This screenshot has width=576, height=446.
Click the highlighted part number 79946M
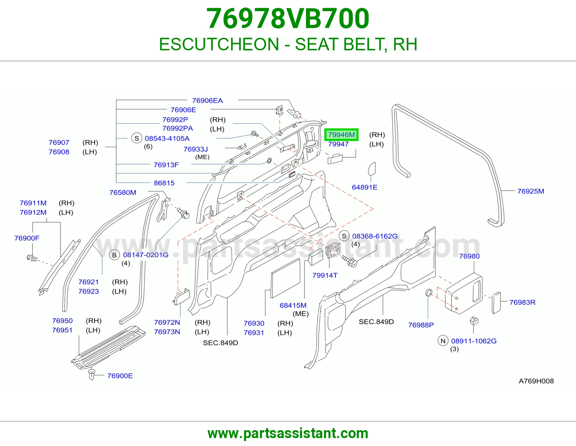(341, 135)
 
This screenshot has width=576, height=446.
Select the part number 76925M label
(531, 191)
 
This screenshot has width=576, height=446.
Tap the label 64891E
(364, 187)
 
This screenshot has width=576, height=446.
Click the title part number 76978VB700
(288, 18)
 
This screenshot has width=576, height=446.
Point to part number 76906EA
(207, 101)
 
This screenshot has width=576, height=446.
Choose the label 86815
(164, 183)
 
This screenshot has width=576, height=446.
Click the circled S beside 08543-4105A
(137, 138)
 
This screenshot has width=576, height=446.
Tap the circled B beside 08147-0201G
(114, 255)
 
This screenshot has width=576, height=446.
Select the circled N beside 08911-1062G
(443, 341)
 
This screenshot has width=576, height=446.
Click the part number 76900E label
(120, 376)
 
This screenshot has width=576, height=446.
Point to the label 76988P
(421, 325)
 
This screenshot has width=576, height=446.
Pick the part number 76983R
(522, 302)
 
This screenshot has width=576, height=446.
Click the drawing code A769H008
(536, 381)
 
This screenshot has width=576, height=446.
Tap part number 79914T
(325, 276)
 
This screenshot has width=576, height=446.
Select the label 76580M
(123, 192)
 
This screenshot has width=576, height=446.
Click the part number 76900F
(27, 238)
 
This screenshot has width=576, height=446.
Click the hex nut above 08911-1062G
(474, 321)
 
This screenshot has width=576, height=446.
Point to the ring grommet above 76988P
(429, 293)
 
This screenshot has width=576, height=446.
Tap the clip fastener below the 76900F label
(32, 258)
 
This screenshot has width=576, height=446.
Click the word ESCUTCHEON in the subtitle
(219, 44)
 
